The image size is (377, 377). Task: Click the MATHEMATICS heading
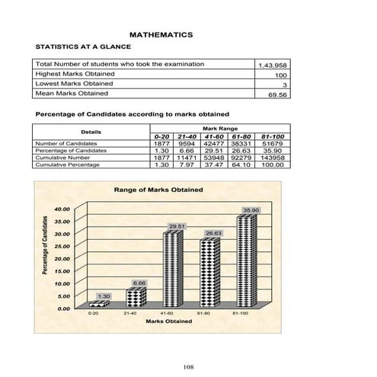click(161, 35)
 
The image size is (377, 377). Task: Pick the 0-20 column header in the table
click(161, 137)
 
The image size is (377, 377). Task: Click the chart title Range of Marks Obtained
click(158, 189)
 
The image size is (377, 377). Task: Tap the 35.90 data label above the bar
click(251, 209)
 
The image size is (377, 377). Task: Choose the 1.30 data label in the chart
click(105, 295)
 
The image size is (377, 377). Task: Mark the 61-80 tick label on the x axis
click(204, 313)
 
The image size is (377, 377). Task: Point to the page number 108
click(188, 368)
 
